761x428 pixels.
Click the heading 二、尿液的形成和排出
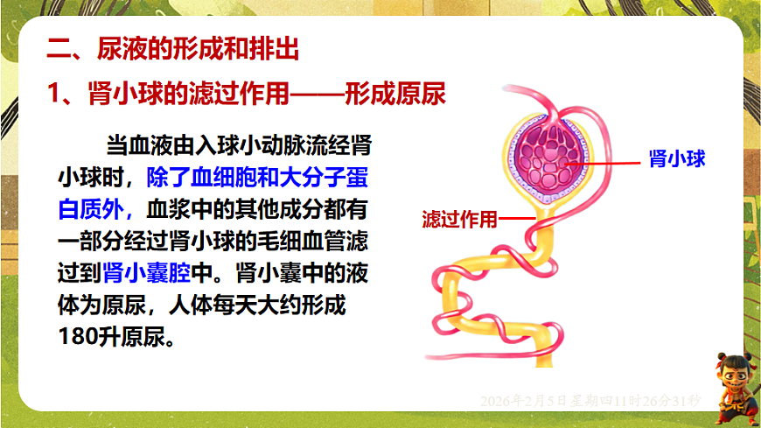coord(172,49)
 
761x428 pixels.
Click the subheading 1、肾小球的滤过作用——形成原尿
coord(246,94)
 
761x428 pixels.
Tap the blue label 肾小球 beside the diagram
coord(677,158)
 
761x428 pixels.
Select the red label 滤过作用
coord(458,219)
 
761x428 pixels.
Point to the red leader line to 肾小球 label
coord(604,162)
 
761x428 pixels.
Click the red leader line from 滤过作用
coord(517,219)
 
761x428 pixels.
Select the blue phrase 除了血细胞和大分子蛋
coord(257,178)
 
